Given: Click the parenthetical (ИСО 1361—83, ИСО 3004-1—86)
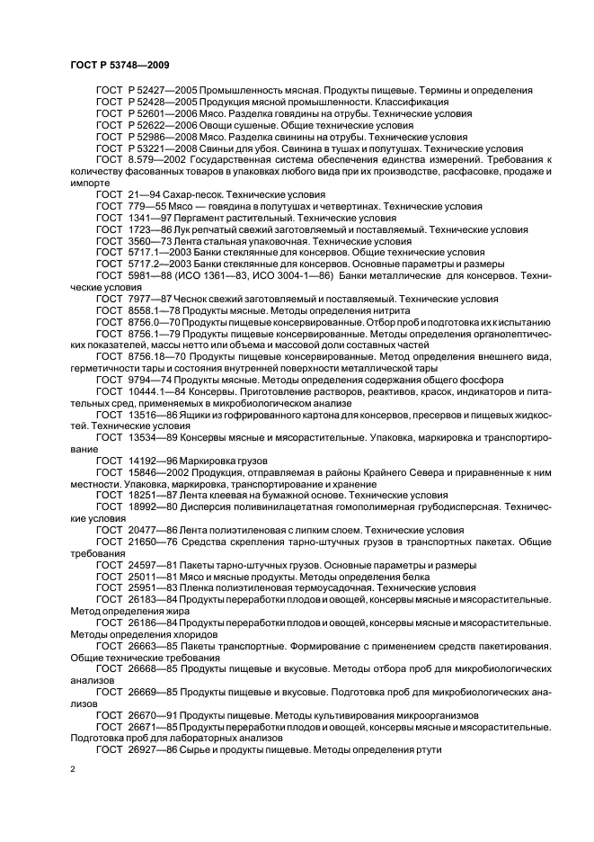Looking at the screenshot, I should [x=278, y=276].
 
